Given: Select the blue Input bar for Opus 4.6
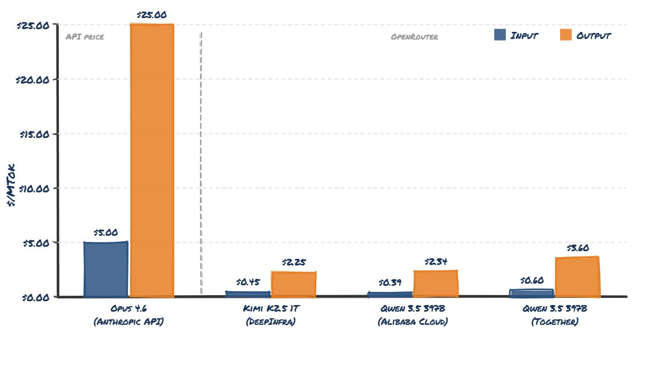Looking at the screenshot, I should pyautogui.click(x=106, y=269).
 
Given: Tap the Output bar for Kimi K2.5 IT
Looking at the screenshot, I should pyautogui.click(x=293, y=284).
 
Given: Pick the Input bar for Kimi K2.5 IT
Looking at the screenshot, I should pyautogui.click(x=248, y=294).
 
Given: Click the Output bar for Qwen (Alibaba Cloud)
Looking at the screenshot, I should pyautogui.click(x=435, y=284).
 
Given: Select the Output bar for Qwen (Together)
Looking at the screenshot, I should pyautogui.click(x=577, y=276).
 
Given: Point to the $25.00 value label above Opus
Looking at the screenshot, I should pyautogui.click(x=152, y=15).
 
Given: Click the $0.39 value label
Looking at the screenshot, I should pyautogui.click(x=390, y=283).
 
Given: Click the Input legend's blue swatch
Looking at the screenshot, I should pyautogui.click(x=500, y=35).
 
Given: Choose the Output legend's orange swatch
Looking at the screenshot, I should pyautogui.click(x=566, y=35).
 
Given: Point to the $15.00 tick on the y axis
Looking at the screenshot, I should pyautogui.click(x=34, y=134).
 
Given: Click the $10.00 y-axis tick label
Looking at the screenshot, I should pyautogui.click(x=34, y=188).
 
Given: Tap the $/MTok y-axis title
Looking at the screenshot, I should pyautogui.click(x=12, y=185).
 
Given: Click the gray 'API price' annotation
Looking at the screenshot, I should pyautogui.click(x=85, y=37).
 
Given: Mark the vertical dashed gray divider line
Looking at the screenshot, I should pyautogui.click(x=201, y=165).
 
